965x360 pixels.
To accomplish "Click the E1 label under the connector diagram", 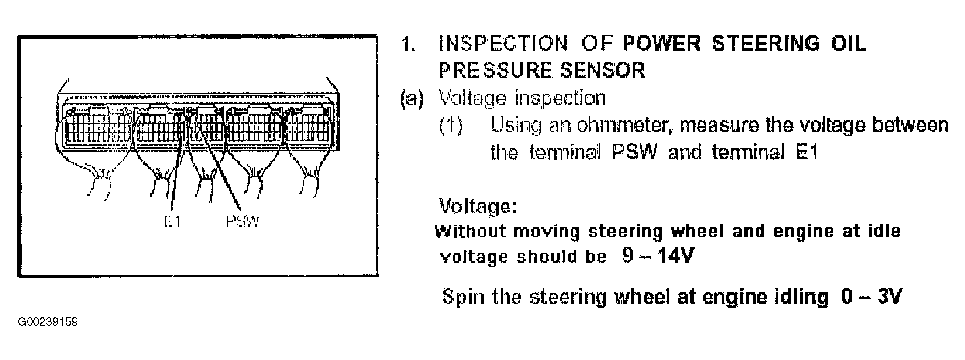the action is pos(173,222).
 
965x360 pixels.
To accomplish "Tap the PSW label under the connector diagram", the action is pos(243,222).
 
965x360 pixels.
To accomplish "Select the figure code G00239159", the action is pos(48,322).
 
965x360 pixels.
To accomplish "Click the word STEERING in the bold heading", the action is pos(766,44).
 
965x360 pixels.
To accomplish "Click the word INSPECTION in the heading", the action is pos(503,44).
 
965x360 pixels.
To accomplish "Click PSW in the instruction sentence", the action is pos(634,152).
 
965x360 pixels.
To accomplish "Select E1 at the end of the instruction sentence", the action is pos(807,152).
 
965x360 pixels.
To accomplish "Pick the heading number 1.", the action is pos(408,44).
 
